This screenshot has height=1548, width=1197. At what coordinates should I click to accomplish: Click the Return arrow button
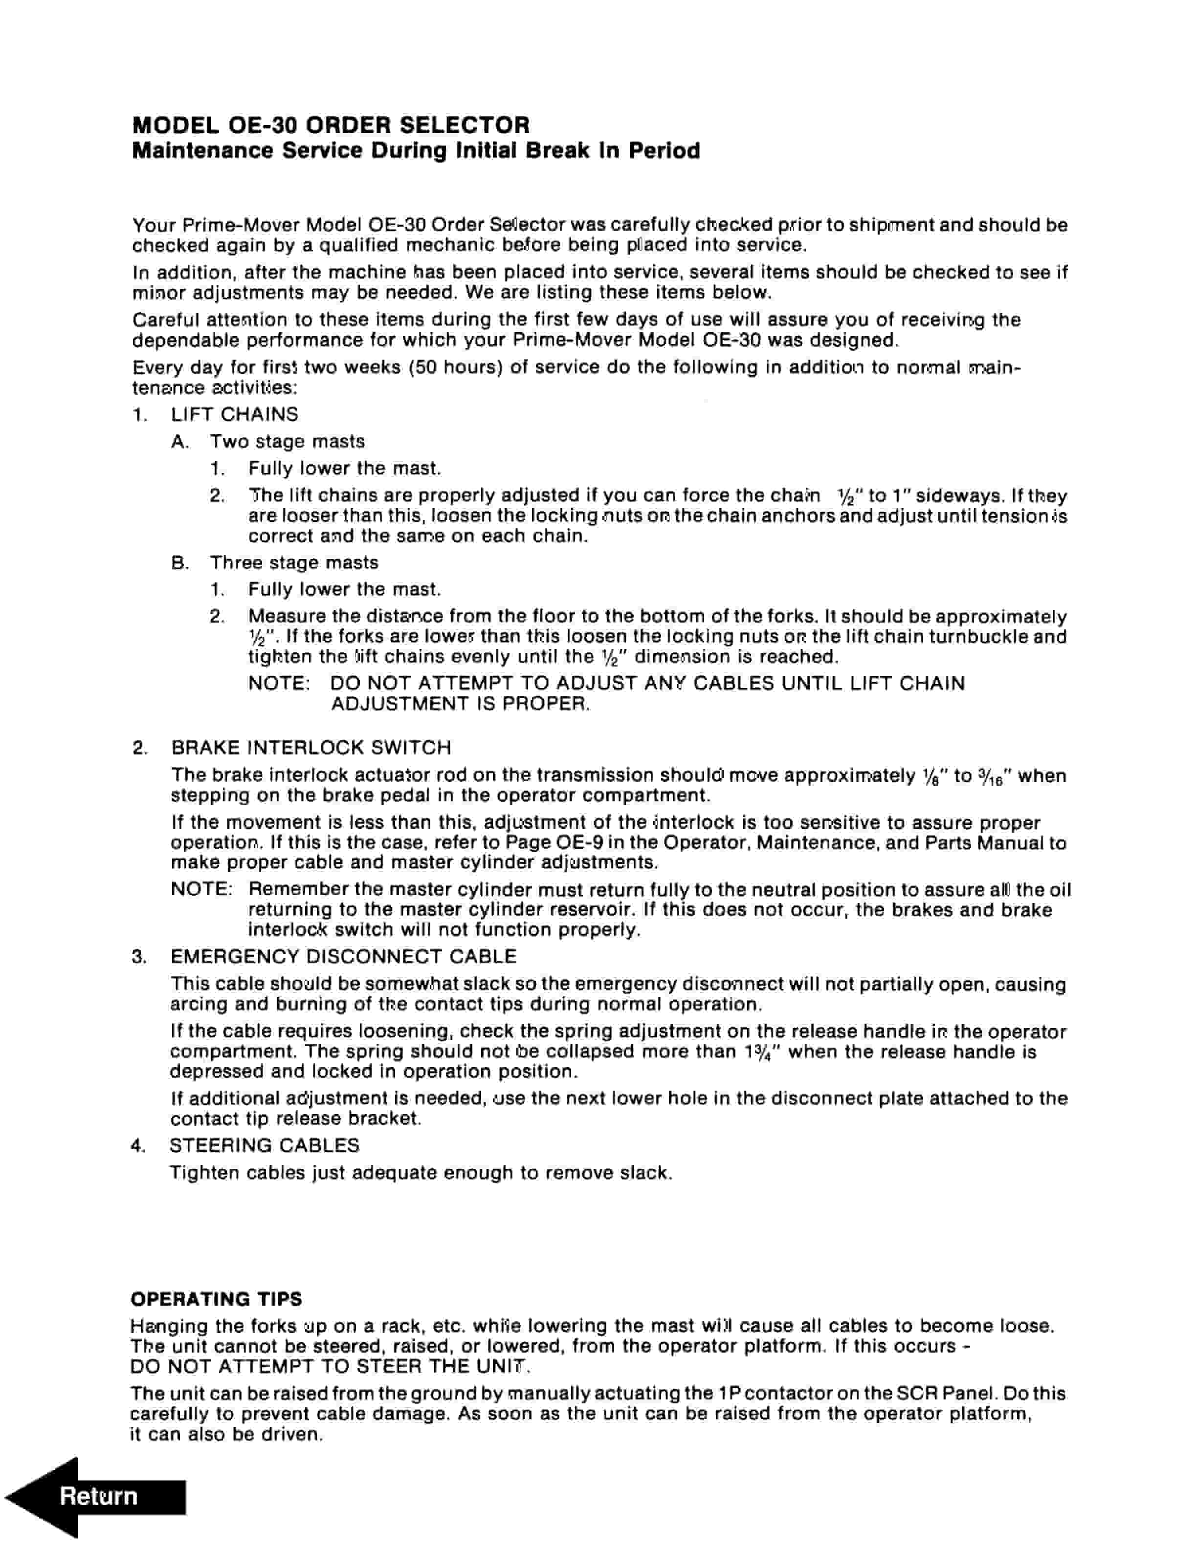(x=96, y=1496)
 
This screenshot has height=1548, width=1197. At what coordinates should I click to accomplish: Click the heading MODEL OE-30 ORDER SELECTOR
(x=331, y=126)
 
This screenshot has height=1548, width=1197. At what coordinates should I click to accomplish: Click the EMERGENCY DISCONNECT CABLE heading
(x=343, y=957)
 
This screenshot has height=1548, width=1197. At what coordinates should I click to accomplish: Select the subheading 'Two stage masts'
(x=287, y=442)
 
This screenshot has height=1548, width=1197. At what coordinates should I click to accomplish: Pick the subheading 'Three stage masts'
(x=293, y=563)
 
